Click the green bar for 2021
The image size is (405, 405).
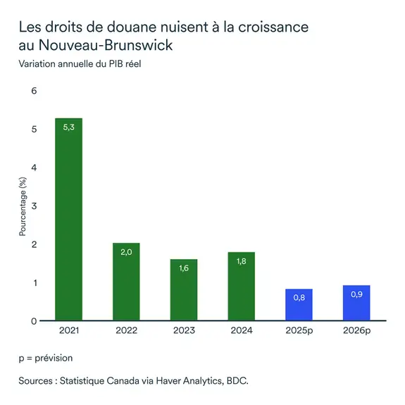[68, 219]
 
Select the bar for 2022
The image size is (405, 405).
[126, 282]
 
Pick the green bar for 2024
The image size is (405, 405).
[241, 286]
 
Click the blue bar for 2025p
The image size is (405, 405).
[299, 305]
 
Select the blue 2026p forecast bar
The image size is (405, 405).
[356, 303]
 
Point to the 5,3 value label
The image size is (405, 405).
[68, 127]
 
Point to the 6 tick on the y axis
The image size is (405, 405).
[33, 91]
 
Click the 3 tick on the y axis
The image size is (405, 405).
[33, 206]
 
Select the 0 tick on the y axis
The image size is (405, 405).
[33, 321]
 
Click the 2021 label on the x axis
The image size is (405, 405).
[68, 330]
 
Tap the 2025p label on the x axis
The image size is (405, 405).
[299, 330]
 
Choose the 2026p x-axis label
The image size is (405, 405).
[356, 330]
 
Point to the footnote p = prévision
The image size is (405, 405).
[46, 358]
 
